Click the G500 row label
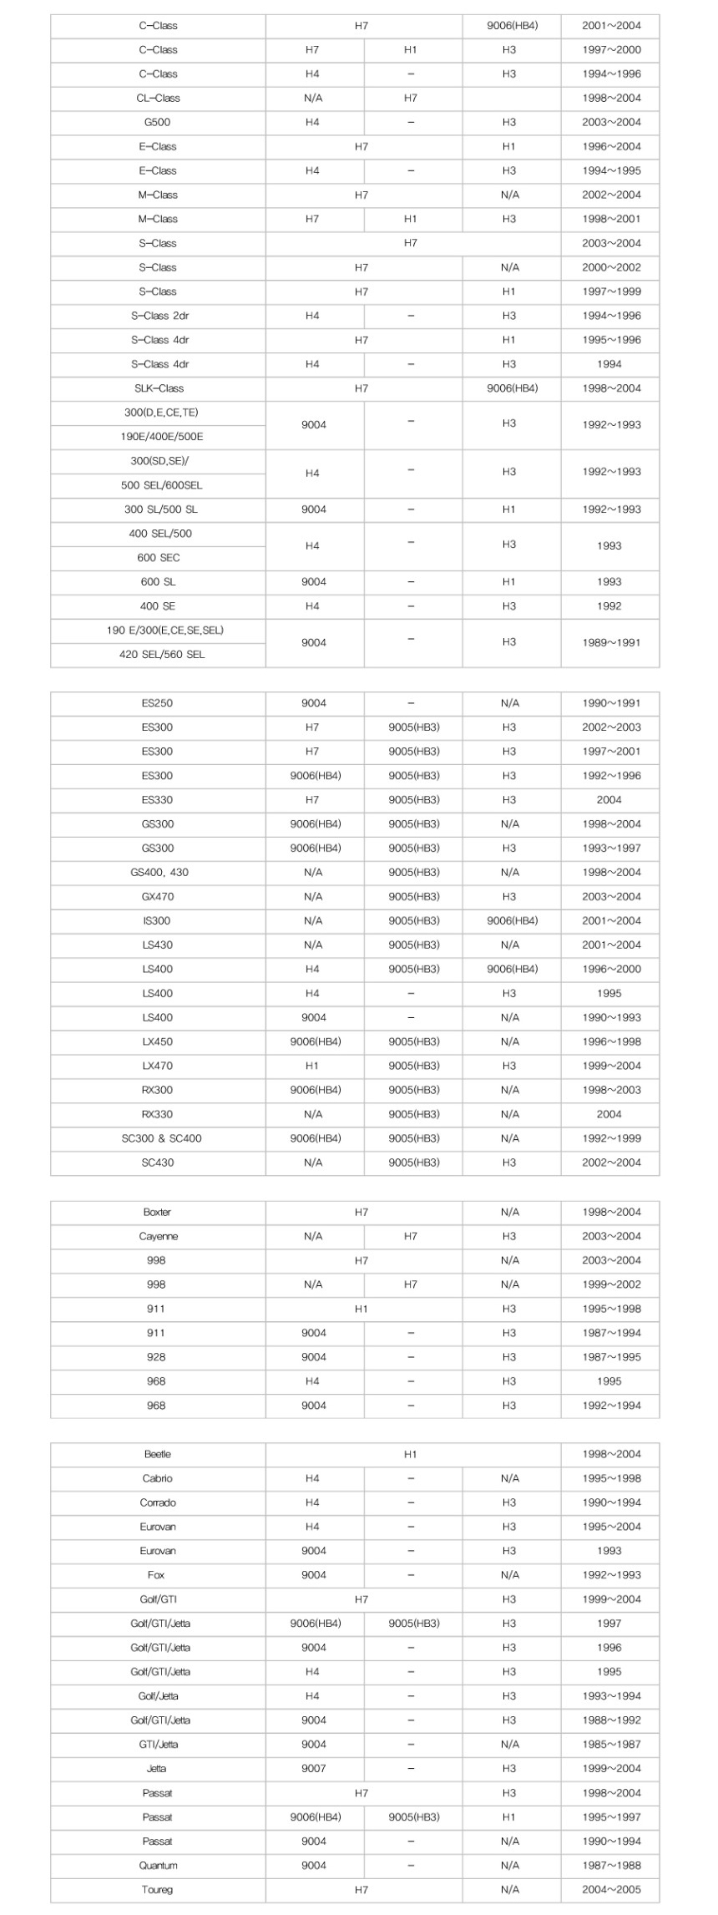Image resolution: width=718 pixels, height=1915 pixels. (157, 122)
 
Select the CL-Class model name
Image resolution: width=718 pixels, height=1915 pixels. (158, 98)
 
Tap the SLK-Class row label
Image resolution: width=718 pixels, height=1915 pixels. (159, 388)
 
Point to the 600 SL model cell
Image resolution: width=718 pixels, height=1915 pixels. (158, 582)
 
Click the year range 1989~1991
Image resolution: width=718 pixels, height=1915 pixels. (611, 642)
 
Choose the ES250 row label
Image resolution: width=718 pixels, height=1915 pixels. (157, 703)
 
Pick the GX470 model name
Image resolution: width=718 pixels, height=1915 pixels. (157, 897)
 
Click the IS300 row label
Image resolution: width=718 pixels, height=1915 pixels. (157, 921)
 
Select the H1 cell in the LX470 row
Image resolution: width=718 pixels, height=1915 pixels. (312, 1066)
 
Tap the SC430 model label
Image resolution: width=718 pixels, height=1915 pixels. (157, 1163)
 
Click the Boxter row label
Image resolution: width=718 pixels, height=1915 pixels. (157, 1213)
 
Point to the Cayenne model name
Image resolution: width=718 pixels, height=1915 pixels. (158, 1237)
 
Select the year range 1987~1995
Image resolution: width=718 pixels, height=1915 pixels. (611, 1358)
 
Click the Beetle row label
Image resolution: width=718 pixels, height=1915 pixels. (157, 1455)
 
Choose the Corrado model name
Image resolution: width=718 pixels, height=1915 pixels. (158, 1503)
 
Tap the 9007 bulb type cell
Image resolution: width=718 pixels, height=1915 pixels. (314, 1769)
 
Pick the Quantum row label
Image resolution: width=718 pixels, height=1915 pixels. (158, 1866)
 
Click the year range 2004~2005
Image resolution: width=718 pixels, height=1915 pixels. (611, 1890)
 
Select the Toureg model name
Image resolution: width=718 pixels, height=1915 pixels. (158, 1890)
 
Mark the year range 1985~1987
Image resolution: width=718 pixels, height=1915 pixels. (611, 1745)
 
